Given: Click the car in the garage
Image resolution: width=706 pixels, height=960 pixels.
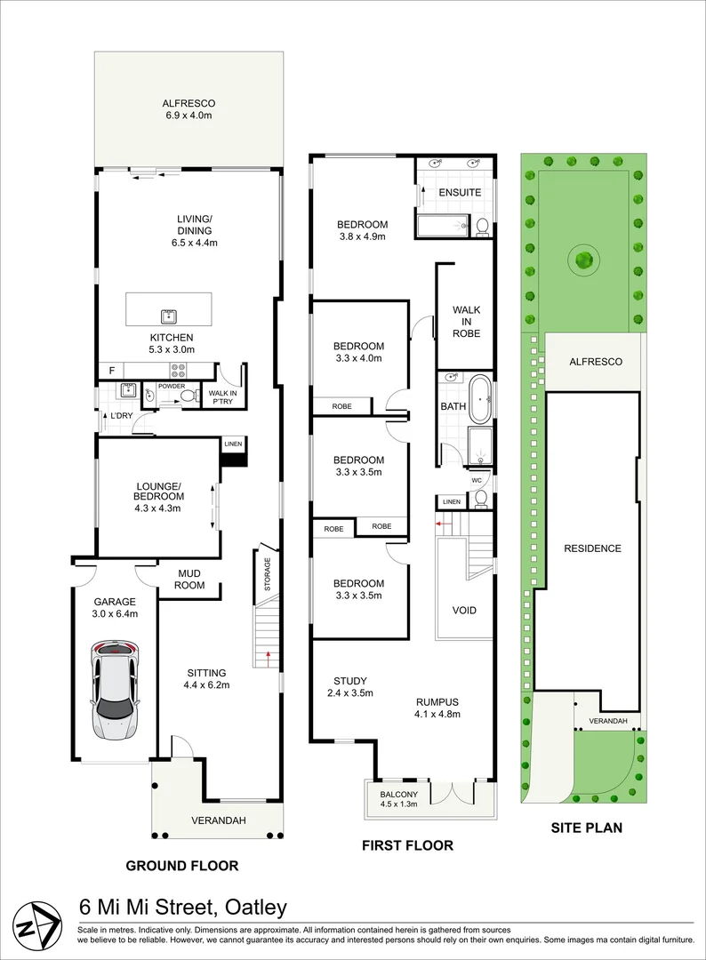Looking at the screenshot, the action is click(x=115, y=690).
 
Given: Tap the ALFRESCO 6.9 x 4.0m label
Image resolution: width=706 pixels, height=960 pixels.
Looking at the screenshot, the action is click(x=189, y=109).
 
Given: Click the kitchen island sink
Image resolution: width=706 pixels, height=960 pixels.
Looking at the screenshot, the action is click(x=169, y=316).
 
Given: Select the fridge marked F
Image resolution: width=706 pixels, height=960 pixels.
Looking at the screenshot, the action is click(x=111, y=371).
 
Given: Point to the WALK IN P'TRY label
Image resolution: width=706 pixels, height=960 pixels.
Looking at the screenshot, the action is click(x=222, y=397).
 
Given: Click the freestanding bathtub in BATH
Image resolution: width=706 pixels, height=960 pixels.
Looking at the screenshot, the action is click(x=479, y=399).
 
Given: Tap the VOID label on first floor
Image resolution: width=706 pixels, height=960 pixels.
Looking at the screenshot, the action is click(x=464, y=610).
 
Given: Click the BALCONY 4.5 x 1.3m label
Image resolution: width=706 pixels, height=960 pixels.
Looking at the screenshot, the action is click(x=398, y=799).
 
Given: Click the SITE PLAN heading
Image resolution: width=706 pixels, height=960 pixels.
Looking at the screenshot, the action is click(x=587, y=828).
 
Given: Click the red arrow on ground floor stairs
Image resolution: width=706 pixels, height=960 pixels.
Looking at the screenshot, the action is click(x=268, y=658).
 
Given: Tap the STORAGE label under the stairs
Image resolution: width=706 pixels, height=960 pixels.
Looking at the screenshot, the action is click(x=267, y=573).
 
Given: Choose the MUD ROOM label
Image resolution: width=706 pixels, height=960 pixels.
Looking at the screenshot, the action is click(x=189, y=580).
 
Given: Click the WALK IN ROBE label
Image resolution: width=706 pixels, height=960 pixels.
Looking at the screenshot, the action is click(x=467, y=322).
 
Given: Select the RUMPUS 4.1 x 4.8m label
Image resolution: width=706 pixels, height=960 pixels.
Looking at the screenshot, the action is click(x=437, y=708).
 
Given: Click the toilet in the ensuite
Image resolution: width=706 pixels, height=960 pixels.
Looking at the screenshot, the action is click(x=481, y=226).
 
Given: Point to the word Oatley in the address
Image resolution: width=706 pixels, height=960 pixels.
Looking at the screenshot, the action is click(x=256, y=907).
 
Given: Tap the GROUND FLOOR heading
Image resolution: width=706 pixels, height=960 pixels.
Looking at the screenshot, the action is click(x=182, y=866).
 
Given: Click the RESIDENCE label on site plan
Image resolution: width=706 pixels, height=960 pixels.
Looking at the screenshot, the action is click(x=593, y=548).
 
